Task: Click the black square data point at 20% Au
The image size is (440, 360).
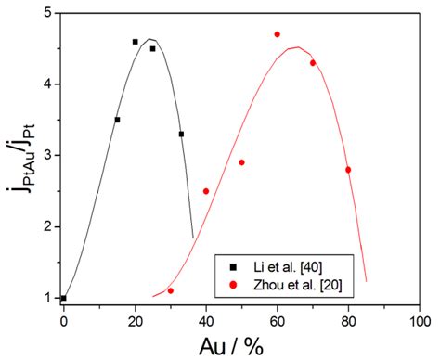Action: click(135, 42)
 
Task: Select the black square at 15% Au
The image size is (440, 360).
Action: click(117, 120)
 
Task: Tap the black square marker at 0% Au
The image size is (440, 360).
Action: click(63, 299)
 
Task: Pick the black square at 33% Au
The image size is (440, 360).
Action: click(181, 135)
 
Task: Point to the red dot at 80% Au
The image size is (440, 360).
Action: click(348, 170)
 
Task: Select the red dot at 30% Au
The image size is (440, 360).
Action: click(170, 291)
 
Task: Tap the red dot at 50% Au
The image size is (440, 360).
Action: click(241, 162)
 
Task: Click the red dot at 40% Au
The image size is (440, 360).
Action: click(206, 191)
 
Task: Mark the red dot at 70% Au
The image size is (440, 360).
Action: click(313, 63)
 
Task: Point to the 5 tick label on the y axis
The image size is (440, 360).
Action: click(47, 13)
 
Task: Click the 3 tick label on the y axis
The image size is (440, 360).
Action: click(47, 156)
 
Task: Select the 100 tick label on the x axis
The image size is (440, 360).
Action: click(420, 320)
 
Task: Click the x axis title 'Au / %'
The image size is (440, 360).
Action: click(241, 345)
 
